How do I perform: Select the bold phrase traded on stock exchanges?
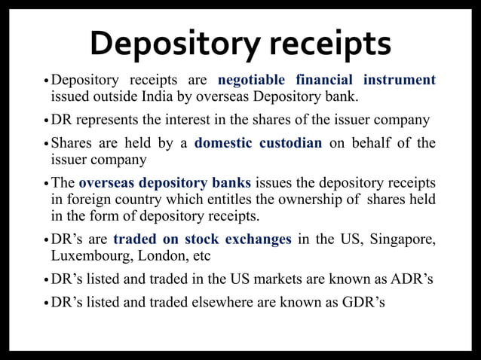point(202,239)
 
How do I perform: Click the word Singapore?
point(402,239)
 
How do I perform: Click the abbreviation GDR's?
point(363,304)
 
